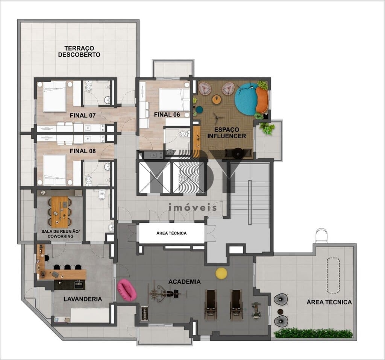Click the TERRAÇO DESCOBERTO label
[79, 51]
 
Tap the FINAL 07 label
[83, 115]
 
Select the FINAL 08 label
[83, 151]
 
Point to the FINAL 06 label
[167, 115]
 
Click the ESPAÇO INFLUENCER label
[227, 133]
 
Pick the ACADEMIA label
[184, 282]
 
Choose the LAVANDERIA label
[83, 299]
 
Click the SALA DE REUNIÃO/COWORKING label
[61, 234]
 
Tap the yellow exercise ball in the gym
[221, 273]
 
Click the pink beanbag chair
[127, 290]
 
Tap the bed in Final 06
[174, 100]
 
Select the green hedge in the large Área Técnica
[313, 333]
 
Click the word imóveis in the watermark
[193, 207]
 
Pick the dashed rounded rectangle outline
[333, 275]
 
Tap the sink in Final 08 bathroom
[107, 166]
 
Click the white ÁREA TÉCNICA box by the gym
[171, 233]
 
